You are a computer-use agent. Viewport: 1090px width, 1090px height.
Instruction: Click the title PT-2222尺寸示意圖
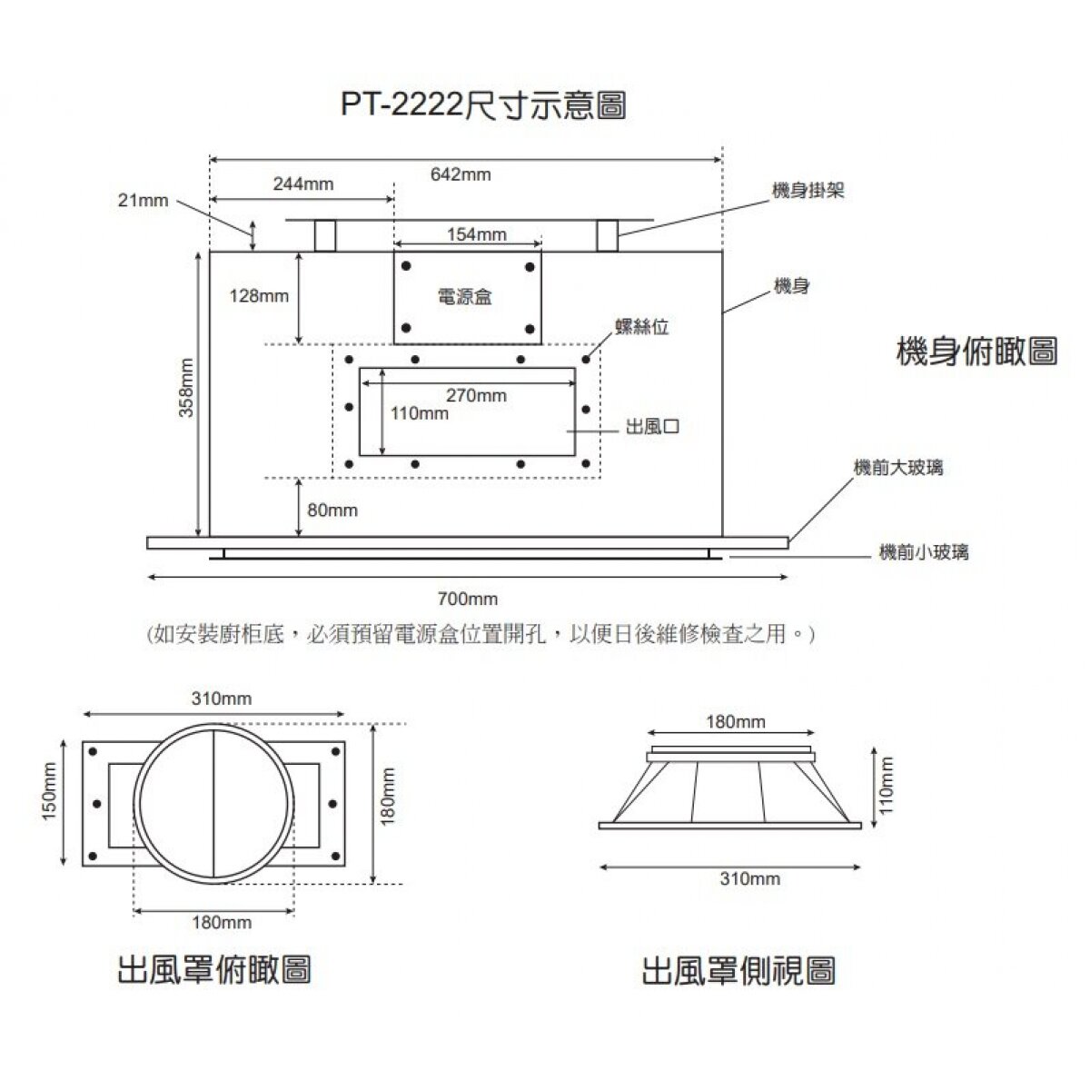click(x=483, y=105)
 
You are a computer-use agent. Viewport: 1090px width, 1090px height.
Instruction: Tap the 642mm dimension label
click(x=461, y=173)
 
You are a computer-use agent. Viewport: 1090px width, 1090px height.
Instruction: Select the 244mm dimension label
click(x=303, y=184)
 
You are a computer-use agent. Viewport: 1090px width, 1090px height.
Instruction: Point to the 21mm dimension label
click(x=144, y=201)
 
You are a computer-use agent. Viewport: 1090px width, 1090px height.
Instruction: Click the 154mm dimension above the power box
click(x=477, y=235)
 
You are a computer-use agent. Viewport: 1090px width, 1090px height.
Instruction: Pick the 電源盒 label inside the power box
click(x=464, y=297)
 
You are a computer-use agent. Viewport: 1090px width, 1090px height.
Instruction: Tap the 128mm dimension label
click(x=259, y=296)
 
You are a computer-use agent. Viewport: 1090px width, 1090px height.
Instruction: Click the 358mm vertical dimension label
click(x=185, y=388)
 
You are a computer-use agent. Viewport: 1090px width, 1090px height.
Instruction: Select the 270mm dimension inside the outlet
click(x=476, y=396)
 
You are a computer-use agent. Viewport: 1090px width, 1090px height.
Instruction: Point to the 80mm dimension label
click(x=332, y=510)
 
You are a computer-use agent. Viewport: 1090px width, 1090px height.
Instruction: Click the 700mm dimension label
click(x=468, y=599)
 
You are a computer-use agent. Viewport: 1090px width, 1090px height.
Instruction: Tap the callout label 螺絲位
click(x=642, y=328)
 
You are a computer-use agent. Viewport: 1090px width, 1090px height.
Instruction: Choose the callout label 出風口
click(x=653, y=427)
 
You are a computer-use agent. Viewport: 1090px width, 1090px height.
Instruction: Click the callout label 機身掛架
click(x=808, y=191)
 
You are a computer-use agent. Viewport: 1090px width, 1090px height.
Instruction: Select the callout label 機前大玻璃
click(x=898, y=468)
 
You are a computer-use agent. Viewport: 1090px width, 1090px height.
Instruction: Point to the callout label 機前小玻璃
click(x=924, y=552)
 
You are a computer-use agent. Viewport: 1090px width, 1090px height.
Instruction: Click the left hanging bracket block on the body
click(x=324, y=235)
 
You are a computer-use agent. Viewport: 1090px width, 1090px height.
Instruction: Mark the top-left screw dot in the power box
click(x=406, y=266)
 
